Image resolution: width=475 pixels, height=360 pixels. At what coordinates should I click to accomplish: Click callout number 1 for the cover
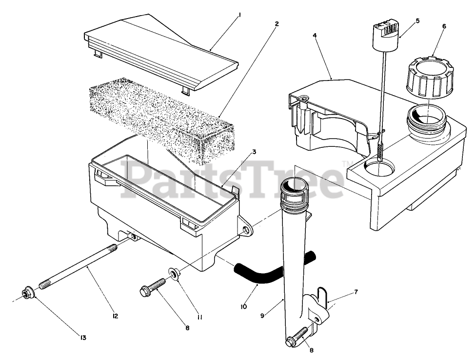[239, 15]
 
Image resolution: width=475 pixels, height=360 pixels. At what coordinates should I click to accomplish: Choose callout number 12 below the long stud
[115, 316]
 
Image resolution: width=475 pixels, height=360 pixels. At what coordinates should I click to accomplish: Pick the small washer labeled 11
[173, 272]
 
